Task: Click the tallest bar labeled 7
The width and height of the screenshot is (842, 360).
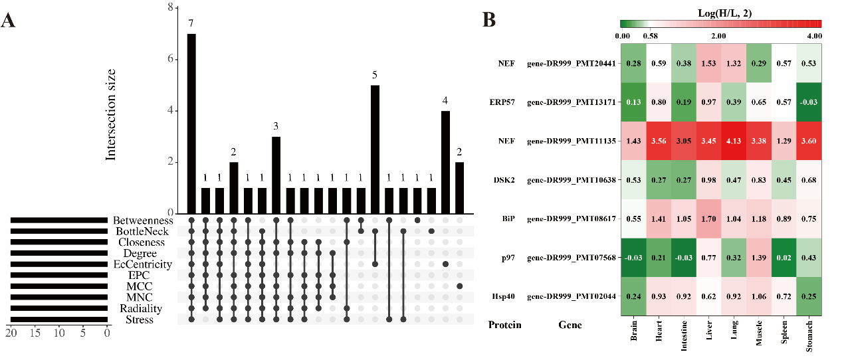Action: (x=191, y=123)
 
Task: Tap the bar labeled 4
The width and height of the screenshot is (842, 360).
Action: (x=446, y=161)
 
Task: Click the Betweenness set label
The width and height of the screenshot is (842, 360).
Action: (x=143, y=221)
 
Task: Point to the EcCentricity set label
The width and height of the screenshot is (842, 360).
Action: (x=143, y=264)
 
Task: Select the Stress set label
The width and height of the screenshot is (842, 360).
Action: (x=139, y=319)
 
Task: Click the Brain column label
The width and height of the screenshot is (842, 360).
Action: (x=633, y=335)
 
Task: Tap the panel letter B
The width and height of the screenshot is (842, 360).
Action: (x=488, y=21)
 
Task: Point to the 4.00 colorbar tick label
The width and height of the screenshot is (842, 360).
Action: (x=813, y=35)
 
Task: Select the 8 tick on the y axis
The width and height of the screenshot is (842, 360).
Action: (x=171, y=8)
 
